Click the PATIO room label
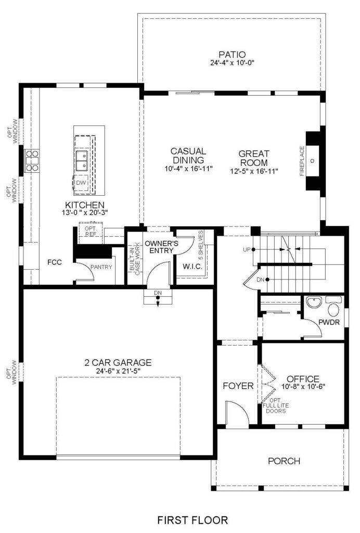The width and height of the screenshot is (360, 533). tap(233, 54)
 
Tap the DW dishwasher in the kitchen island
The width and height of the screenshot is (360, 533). tap(81, 183)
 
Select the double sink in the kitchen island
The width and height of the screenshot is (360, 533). tap(82, 160)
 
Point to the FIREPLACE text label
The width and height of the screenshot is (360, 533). tap(302, 161)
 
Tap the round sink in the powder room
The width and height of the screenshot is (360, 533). tap(314, 302)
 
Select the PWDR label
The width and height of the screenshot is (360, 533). tap(329, 322)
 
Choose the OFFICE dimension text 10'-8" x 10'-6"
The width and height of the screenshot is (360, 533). tap(303, 387)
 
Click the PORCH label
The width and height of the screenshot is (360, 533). tap(284, 461)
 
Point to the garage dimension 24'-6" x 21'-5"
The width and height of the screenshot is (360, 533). tap(118, 371)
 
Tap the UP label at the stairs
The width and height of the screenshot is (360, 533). tap(247, 249)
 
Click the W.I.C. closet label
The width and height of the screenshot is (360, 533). tap(192, 266)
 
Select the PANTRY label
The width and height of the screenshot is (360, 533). tap(101, 267)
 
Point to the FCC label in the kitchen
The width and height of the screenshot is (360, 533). tap(54, 262)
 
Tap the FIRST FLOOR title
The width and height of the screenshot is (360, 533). tap(192, 520)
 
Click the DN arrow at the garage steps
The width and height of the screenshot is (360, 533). tap(158, 301)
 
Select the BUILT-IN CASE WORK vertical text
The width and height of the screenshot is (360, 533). tap(135, 258)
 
